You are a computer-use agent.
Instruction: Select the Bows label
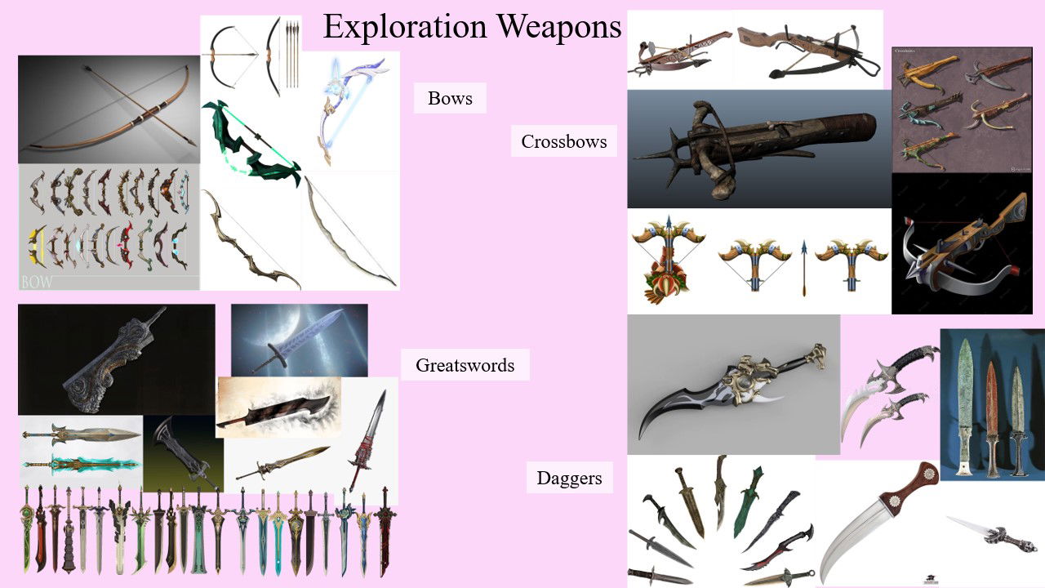point(450,99)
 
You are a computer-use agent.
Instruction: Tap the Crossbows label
point(564,141)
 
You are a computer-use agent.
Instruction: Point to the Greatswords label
point(465,365)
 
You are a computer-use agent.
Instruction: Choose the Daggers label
point(569,478)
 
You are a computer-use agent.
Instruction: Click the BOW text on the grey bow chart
point(38,282)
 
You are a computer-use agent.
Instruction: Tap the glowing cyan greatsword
point(82,464)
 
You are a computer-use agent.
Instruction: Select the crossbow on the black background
point(963,253)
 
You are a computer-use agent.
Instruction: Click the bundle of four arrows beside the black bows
point(292,53)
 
